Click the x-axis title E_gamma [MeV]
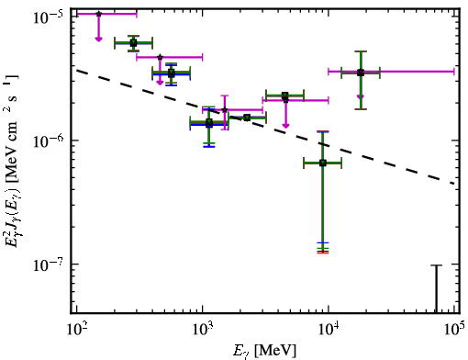click(264, 351)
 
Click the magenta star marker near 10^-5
click(98, 14)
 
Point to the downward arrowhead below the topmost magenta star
click(98, 39)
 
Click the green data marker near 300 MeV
click(133, 43)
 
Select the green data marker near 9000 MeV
click(323, 163)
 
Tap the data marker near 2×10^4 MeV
click(361, 73)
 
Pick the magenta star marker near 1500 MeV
click(225, 109)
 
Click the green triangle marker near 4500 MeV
click(285, 96)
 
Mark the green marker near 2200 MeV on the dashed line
click(247, 118)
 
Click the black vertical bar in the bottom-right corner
click(437, 289)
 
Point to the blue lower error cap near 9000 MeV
click(323, 242)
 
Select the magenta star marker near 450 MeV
click(160, 57)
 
